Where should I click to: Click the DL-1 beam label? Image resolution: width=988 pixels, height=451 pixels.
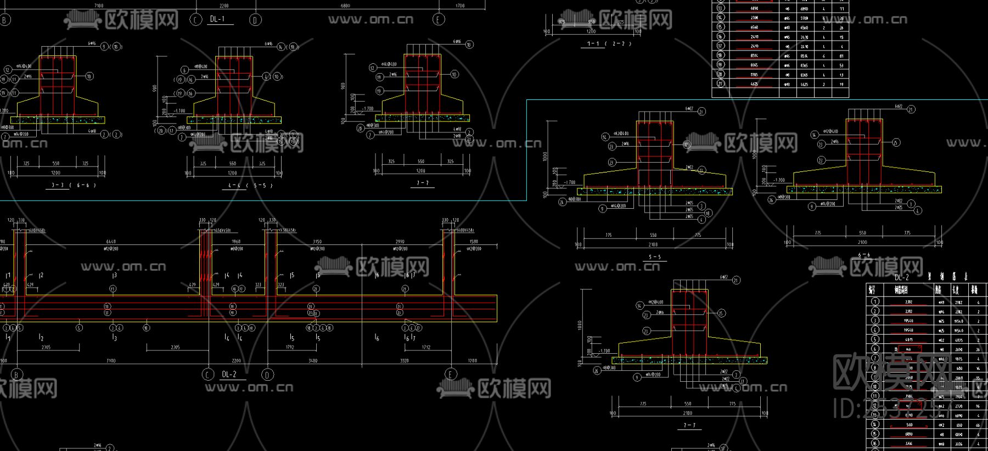pyautogui.click(x=217, y=19)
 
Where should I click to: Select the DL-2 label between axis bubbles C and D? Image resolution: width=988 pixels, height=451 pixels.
pyautogui.click(x=229, y=375)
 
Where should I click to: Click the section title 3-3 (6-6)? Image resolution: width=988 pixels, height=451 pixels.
pyautogui.click(x=74, y=185)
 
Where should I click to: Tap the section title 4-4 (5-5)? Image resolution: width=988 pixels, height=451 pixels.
pyautogui.click(x=250, y=185)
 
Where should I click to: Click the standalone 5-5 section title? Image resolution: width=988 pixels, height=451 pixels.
pyautogui.click(x=654, y=257)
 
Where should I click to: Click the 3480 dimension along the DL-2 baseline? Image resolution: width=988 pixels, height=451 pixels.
pyautogui.click(x=312, y=361)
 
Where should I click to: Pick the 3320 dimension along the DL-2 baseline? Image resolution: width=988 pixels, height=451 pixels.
pyautogui.click(x=404, y=361)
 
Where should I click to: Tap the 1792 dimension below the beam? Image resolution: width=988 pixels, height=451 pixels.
pyautogui.click(x=289, y=347)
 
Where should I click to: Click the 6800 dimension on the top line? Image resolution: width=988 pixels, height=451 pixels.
pyautogui.click(x=345, y=6)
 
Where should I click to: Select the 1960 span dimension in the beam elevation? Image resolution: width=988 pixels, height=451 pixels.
pyautogui.click(x=236, y=242)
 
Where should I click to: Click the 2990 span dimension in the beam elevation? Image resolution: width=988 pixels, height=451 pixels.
pyautogui.click(x=400, y=242)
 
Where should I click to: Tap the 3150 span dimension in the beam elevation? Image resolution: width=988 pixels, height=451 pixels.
pyautogui.click(x=317, y=242)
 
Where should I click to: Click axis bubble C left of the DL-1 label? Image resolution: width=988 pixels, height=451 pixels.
pyautogui.click(x=196, y=20)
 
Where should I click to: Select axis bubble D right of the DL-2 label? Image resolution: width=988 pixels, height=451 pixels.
pyautogui.click(x=267, y=375)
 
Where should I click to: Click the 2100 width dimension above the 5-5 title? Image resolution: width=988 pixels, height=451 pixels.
pyautogui.click(x=653, y=244)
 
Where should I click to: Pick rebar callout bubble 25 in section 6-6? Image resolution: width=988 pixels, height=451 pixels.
pyautogui.click(x=896, y=143)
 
